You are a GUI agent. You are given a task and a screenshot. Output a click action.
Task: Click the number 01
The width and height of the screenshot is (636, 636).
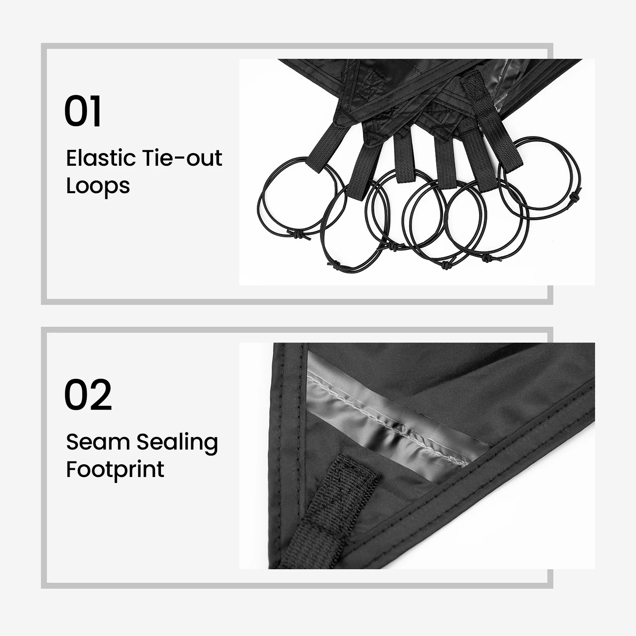pos(83,111)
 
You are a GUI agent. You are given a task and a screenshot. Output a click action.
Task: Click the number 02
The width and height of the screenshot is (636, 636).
pos(88,395)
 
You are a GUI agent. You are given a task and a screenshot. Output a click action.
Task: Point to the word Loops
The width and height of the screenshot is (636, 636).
pos(98,186)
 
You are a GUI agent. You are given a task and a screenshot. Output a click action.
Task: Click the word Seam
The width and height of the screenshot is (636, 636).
pos(98,442)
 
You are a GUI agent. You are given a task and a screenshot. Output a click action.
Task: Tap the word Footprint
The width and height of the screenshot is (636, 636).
pos(115,469)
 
